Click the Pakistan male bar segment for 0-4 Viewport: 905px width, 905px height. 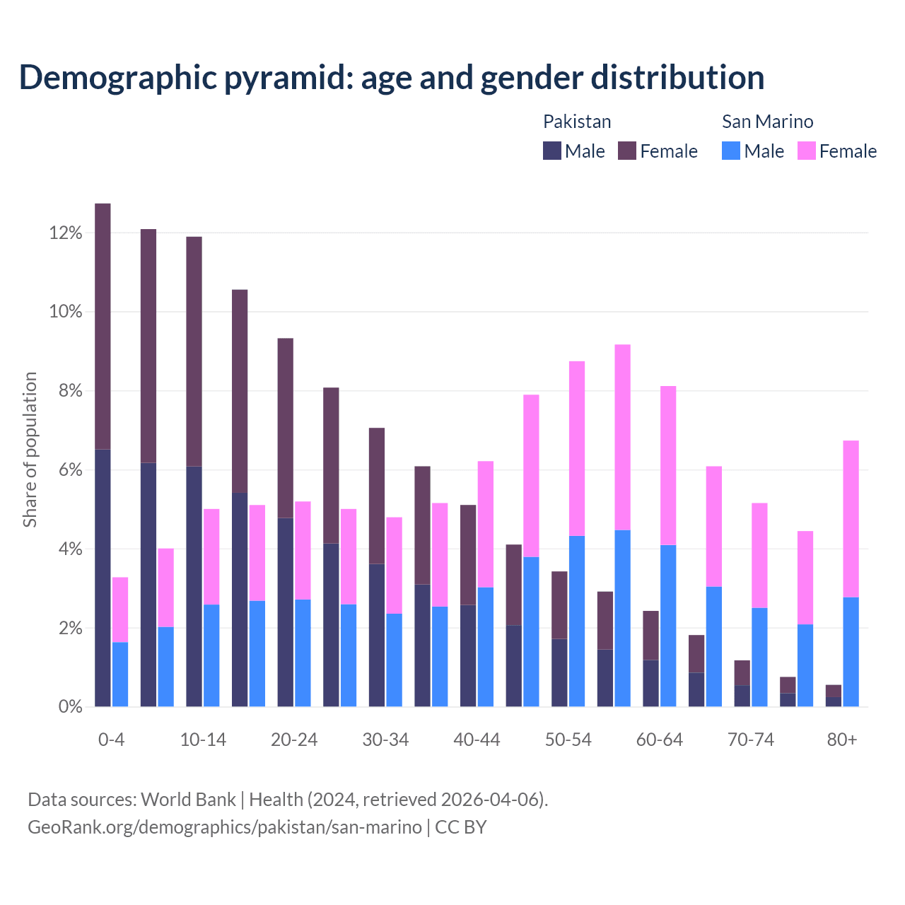pyautogui.click(x=103, y=578)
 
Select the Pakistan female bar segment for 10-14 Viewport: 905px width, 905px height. pyautogui.click(x=194, y=351)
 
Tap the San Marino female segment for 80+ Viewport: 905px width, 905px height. pyautogui.click(x=851, y=519)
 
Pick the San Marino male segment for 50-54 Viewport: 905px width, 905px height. pyautogui.click(x=577, y=621)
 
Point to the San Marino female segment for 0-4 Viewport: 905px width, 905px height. pyautogui.click(x=120, y=609)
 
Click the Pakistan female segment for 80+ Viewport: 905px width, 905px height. pyautogui.click(x=834, y=691)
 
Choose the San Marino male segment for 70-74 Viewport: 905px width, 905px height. pyautogui.click(x=759, y=657)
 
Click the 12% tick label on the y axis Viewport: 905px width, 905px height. pyautogui.click(x=66, y=233)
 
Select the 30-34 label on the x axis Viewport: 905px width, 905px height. pyautogui.click(x=385, y=740)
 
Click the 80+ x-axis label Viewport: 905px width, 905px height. pyautogui.click(x=842, y=740)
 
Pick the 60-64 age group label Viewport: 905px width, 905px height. pyautogui.click(x=660, y=740)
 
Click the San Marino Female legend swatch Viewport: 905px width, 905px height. pyautogui.click(x=806, y=151)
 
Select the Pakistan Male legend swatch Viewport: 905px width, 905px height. pyautogui.click(x=551, y=151)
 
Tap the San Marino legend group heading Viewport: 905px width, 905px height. pyautogui.click(x=767, y=122)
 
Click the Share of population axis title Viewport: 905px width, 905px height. pyautogui.click(x=30, y=450)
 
